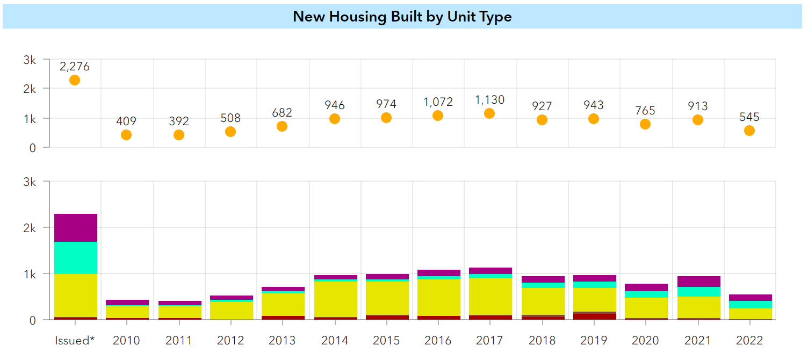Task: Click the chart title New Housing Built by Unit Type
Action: [402, 16]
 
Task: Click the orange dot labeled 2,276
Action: [75, 80]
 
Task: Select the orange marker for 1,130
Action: [489, 113]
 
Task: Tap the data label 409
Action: [126, 121]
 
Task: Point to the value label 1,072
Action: [438, 102]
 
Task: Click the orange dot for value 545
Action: [749, 131]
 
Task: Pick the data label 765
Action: [645, 110]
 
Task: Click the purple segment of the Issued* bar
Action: [76, 228]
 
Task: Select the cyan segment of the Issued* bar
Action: [76, 258]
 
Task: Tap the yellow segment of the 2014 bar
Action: [336, 299]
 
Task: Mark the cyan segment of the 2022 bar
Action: [749, 304]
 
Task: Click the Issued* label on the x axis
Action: [75, 341]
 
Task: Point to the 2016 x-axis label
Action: [438, 341]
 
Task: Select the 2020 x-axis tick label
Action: [645, 341]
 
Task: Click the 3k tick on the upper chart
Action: [30, 60]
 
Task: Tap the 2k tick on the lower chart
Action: [30, 228]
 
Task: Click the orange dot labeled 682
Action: [282, 126]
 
